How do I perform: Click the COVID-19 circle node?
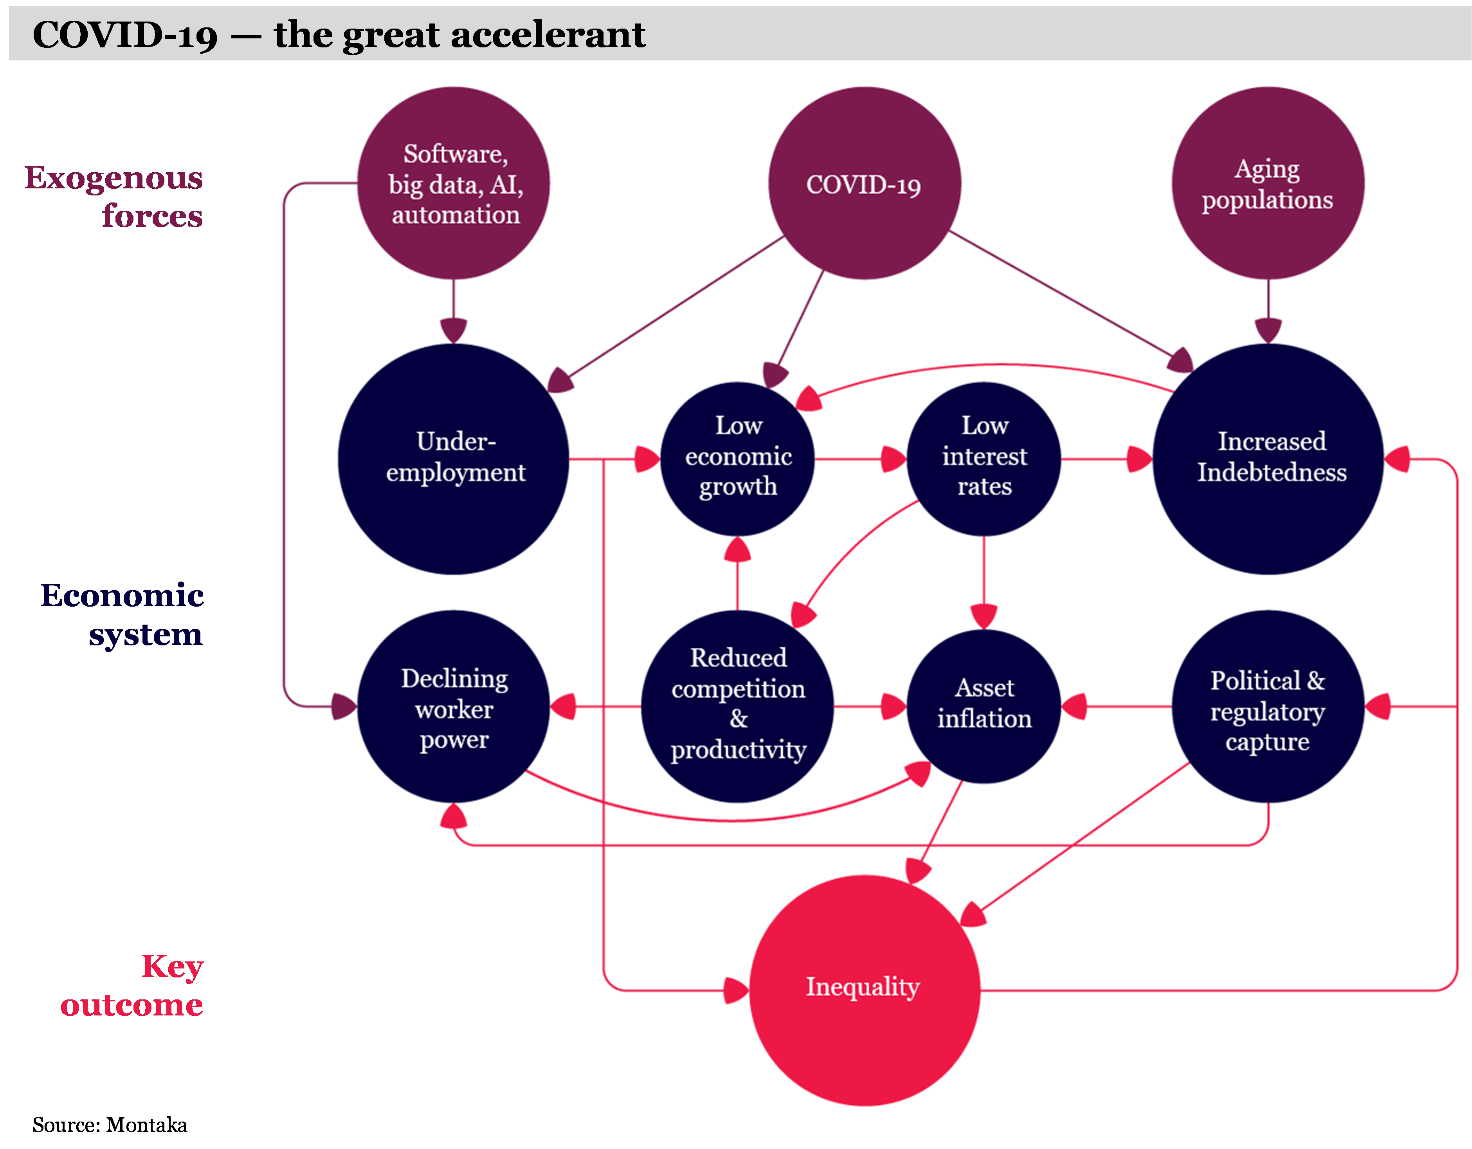[864, 183]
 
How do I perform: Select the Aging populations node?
[1268, 183]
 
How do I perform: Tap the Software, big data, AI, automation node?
[454, 183]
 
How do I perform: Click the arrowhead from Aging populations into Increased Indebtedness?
[1268, 331]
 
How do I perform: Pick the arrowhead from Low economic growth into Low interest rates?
[893, 459]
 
